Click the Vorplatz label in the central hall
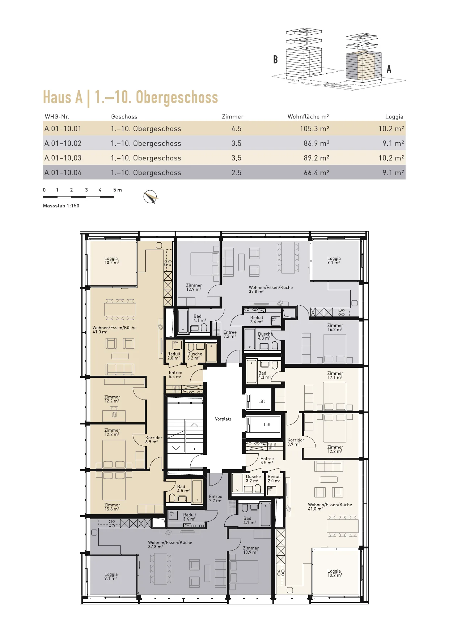click(223, 419)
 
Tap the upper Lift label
click(262, 401)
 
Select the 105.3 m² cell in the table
click(314, 129)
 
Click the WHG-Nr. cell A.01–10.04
click(63, 173)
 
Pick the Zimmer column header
click(233, 117)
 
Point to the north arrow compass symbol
click(151, 197)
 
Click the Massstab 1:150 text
click(61, 206)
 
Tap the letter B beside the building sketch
click(276, 59)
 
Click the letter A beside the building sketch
click(389, 69)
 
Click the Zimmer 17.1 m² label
click(335, 375)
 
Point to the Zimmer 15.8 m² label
click(112, 507)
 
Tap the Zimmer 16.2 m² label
click(335, 327)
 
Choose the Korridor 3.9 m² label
click(296, 442)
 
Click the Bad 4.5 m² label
click(183, 488)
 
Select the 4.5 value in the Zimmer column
click(236, 129)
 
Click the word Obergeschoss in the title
click(177, 98)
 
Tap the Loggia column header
click(394, 117)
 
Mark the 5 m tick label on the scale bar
click(118, 190)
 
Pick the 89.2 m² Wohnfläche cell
click(317, 158)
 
